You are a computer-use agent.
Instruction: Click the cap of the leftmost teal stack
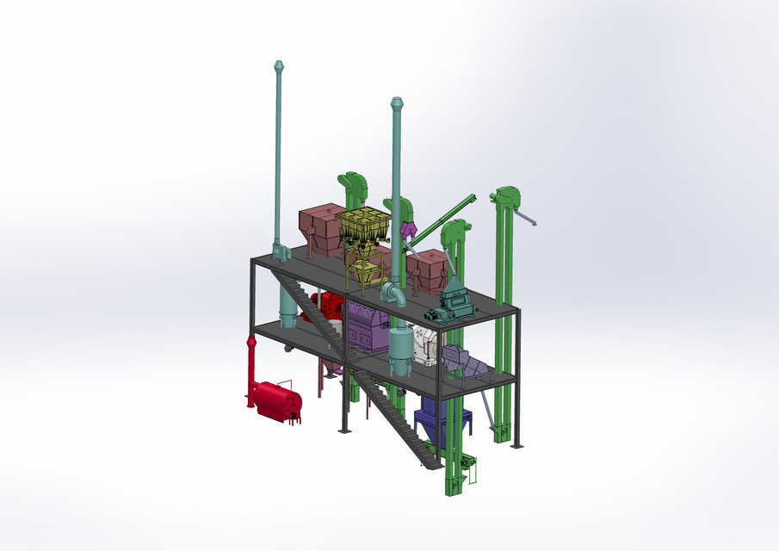pos(278,66)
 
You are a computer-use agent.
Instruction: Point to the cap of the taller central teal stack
pos(397,103)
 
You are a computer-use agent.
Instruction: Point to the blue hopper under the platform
pos(430,419)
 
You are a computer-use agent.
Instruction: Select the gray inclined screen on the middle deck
pos(463,362)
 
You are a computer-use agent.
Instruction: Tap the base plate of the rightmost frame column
pos(516,445)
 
